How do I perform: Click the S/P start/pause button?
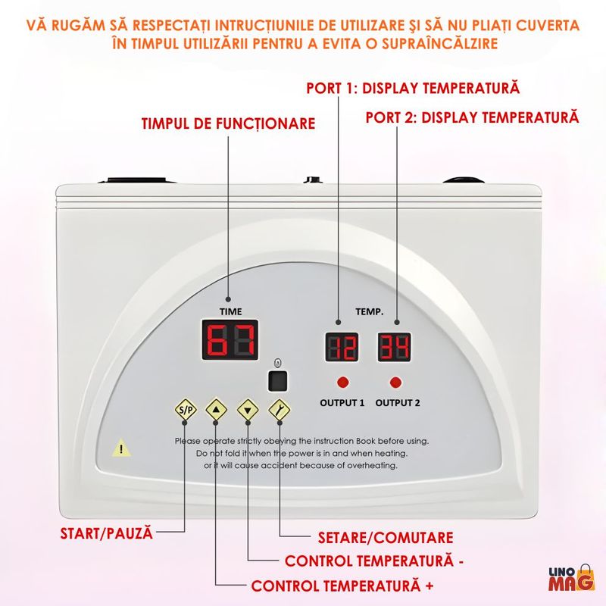pyautogui.click(x=185, y=411)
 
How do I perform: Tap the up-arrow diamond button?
pyautogui.click(x=217, y=411)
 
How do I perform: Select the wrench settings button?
pyautogui.click(x=280, y=411)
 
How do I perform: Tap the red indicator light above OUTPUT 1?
pyautogui.click(x=342, y=381)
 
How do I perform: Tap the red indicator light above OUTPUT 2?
pyautogui.click(x=395, y=381)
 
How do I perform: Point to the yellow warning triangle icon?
pyautogui.click(x=121, y=448)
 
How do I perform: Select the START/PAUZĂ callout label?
pyautogui.click(x=107, y=533)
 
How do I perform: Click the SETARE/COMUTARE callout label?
pyautogui.click(x=384, y=538)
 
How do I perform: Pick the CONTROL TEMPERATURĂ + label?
pyautogui.click(x=343, y=586)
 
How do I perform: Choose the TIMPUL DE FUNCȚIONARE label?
pyautogui.click(x=228, y=123)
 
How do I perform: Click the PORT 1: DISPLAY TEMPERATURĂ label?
pyautogui.click(x=413, y=88)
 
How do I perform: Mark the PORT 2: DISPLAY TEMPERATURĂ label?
pyautogui.click(x=472, y=117)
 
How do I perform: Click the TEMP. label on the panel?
pyautogui.click(x=370, y=311)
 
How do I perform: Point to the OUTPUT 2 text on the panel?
pyautogui.click(x=397, y=402)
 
